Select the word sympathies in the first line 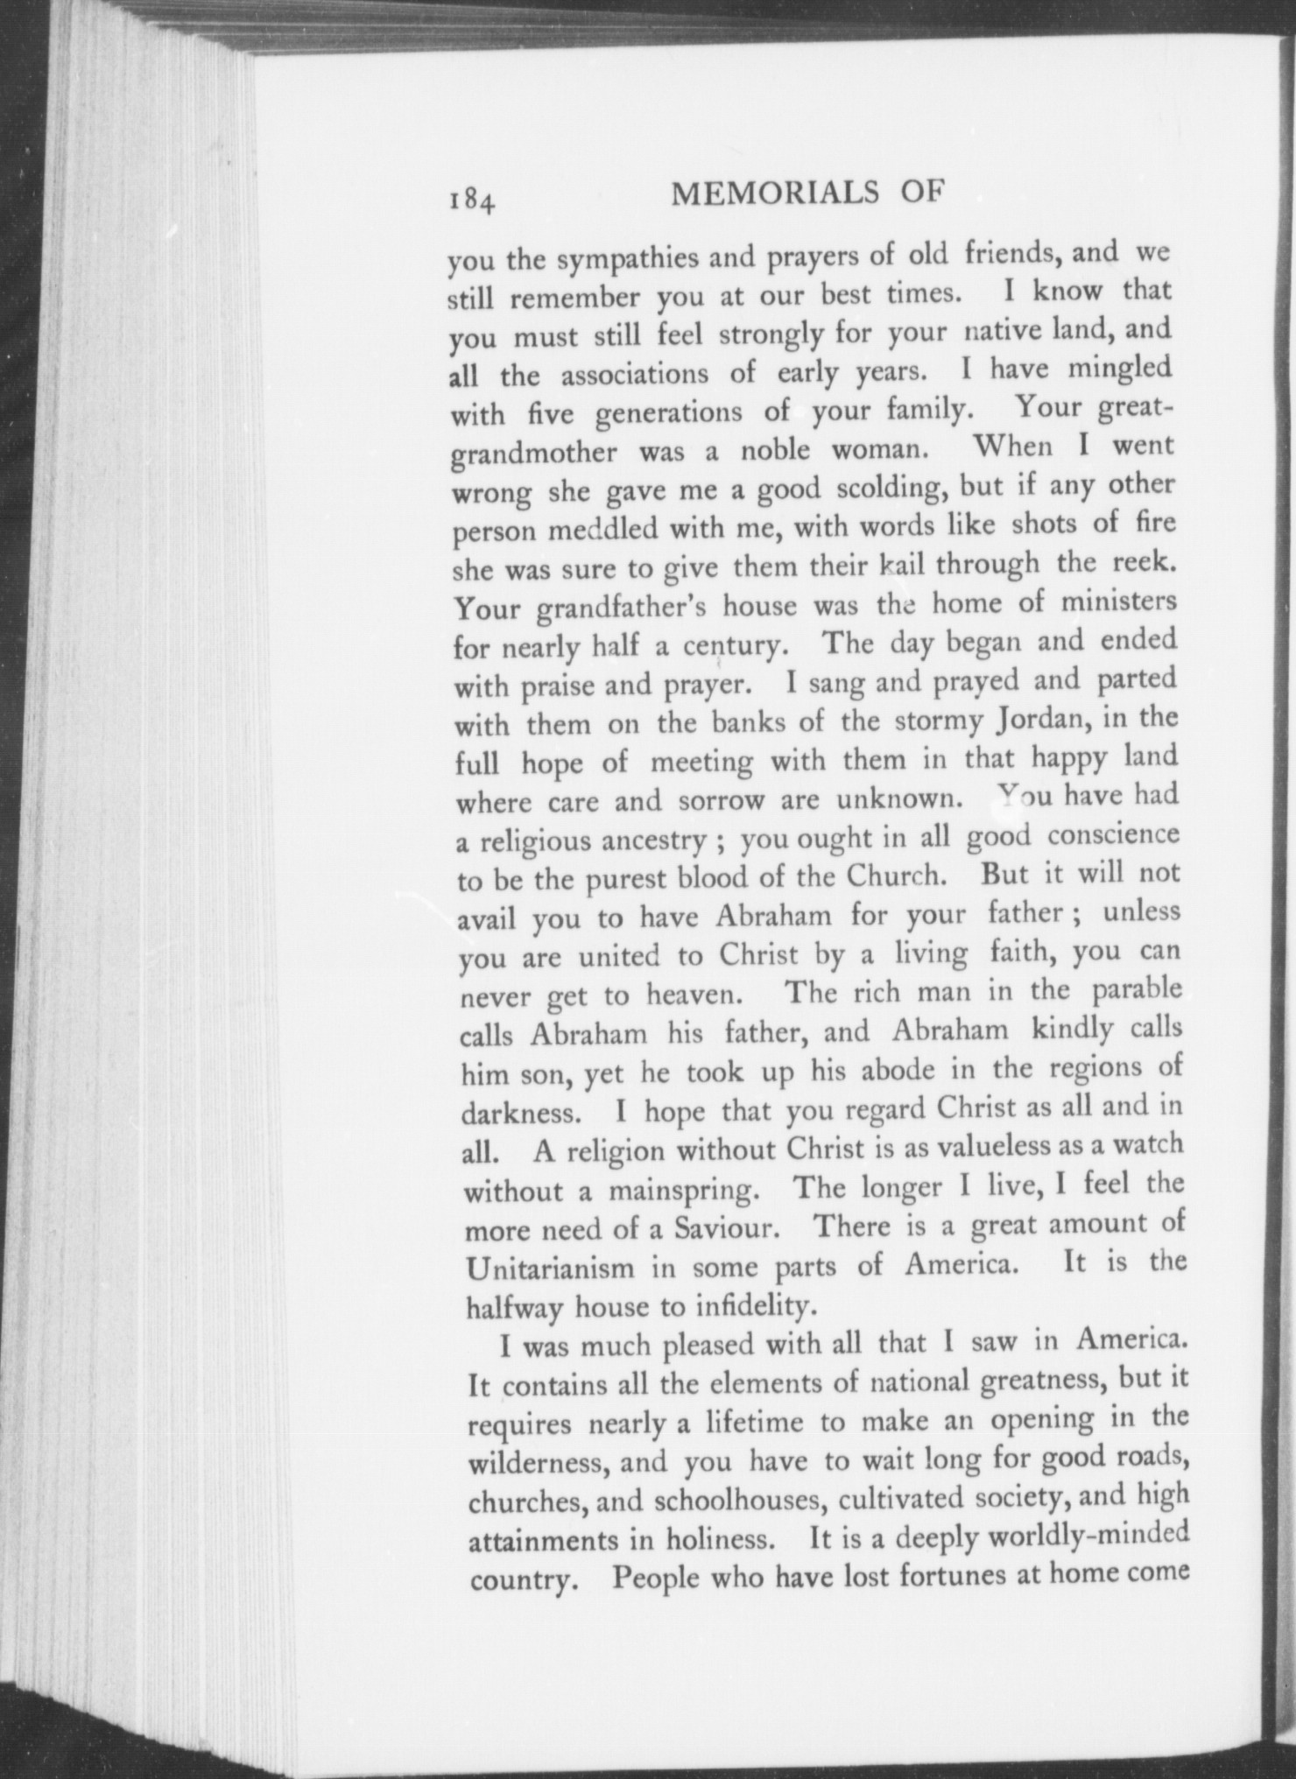coord(629,259)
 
